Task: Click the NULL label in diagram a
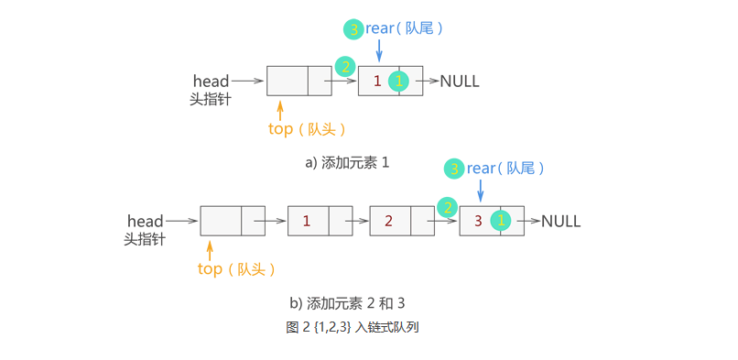(460, 82)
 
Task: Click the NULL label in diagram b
(560, 222)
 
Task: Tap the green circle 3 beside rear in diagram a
(353, 29)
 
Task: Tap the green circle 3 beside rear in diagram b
(454, 169)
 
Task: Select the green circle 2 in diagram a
(344, 67)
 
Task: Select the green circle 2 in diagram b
(447, 207)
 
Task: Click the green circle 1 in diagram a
(399, 82)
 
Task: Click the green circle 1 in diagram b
(500, 221)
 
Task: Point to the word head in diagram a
(211, 82)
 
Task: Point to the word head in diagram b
(145, 221)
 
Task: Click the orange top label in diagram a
(280, 129)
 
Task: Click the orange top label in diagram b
(210, 269)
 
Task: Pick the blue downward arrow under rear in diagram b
(481, 189)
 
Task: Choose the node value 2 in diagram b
(388, 221)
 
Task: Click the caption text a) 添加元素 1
(347, 163)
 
